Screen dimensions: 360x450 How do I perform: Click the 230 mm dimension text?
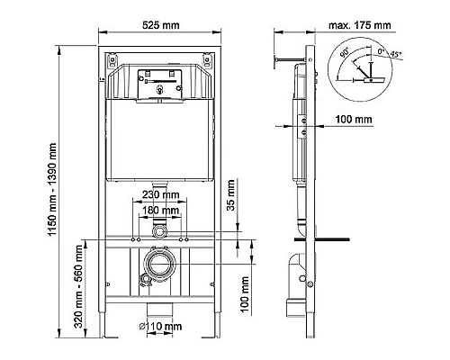click(159, 194)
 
